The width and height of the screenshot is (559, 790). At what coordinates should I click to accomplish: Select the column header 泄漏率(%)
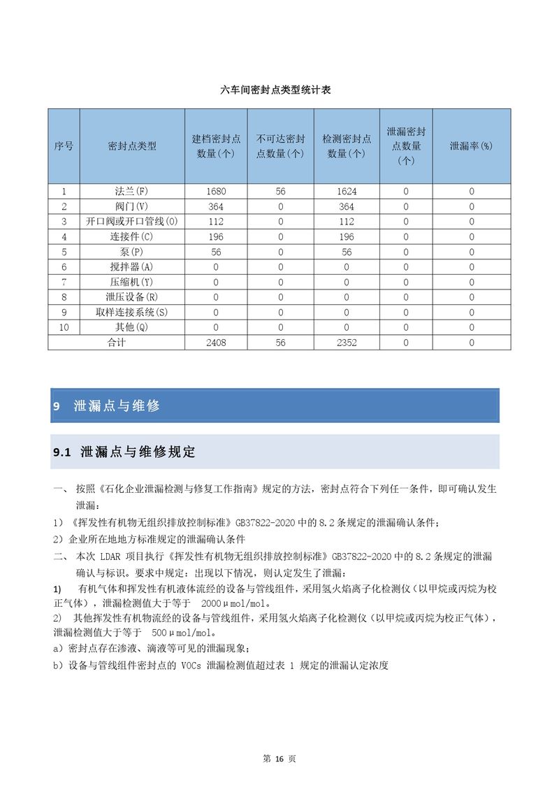(x=471, y=146)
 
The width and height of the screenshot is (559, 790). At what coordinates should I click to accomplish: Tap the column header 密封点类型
(x=132, y=146)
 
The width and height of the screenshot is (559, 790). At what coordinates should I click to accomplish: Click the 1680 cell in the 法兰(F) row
(x=217, y=191)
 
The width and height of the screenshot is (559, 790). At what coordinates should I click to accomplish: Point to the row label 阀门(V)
(x=132, y=206)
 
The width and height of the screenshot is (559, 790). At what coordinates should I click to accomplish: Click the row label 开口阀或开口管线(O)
(x=132, y=222)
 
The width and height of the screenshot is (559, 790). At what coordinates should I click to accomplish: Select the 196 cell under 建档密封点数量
(x=217, y=237)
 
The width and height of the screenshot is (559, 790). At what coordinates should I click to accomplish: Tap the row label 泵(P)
(x=132, y=252)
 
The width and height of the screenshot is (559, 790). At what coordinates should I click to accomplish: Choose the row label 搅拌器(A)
(x=132, y=267)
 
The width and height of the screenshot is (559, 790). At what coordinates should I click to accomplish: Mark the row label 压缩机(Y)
(x=132, y=282)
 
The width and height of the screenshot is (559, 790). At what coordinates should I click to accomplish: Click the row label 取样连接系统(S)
(x=132, y=313)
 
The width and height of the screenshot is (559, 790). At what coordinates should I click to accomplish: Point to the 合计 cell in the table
(x=116, y=343)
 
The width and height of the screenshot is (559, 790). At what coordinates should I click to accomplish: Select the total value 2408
(x=217, y=343)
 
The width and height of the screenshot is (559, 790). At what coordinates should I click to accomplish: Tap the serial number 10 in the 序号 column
(x=64, y=327)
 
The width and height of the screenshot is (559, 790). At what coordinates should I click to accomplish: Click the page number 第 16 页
(x=279, y=759)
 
